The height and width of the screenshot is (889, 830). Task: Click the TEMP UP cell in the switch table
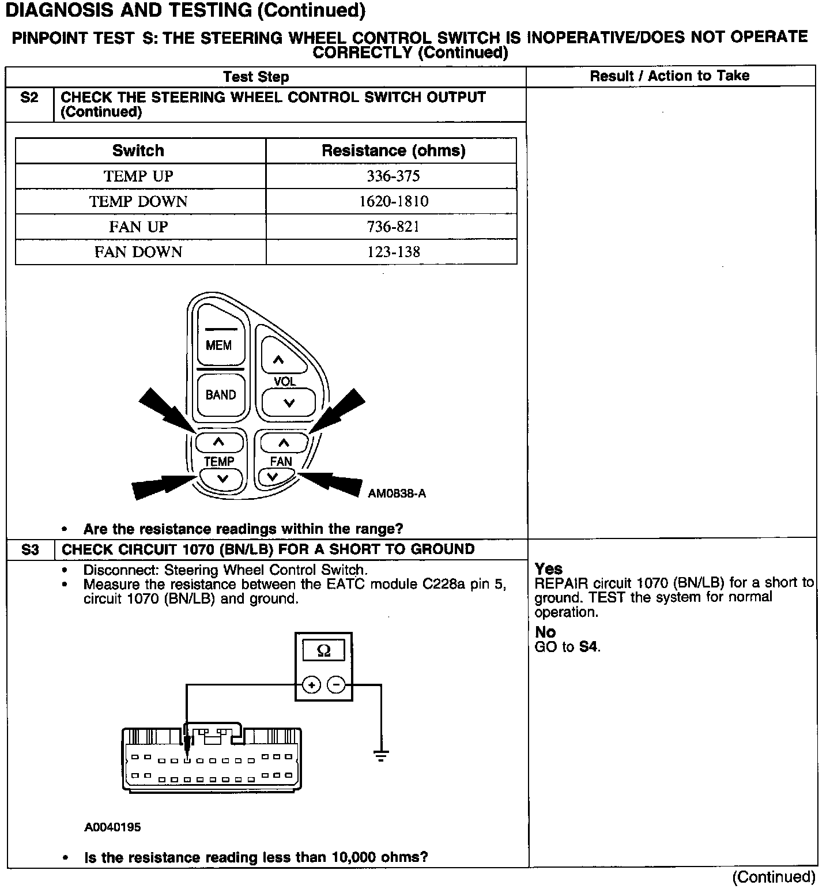click(138, 176)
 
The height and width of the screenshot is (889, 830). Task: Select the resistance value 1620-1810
click(394, 201)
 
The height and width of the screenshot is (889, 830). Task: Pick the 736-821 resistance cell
click(394, 227)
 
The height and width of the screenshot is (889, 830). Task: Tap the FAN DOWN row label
click(138, 252)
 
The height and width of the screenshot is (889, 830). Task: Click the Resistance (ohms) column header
click(394, 151)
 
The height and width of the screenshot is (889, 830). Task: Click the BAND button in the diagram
click(221, 395)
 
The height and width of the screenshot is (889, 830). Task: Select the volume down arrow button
click(289, 402)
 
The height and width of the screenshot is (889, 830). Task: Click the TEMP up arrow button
click(218, 442)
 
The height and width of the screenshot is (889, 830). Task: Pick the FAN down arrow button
click(273, 477)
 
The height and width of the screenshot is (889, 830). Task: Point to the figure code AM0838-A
click(397, 494)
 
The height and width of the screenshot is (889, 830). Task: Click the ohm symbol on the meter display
click(324, 651)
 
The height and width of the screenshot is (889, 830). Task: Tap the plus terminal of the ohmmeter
click(311, 685)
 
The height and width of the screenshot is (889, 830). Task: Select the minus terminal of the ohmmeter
click(336, 685)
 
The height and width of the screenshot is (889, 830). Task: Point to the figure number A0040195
click(112, 827)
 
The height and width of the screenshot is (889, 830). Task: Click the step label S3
click(30, 550)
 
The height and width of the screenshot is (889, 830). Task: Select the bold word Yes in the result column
click(548, 569)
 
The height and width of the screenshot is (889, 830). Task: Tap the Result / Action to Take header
click(670, 76)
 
